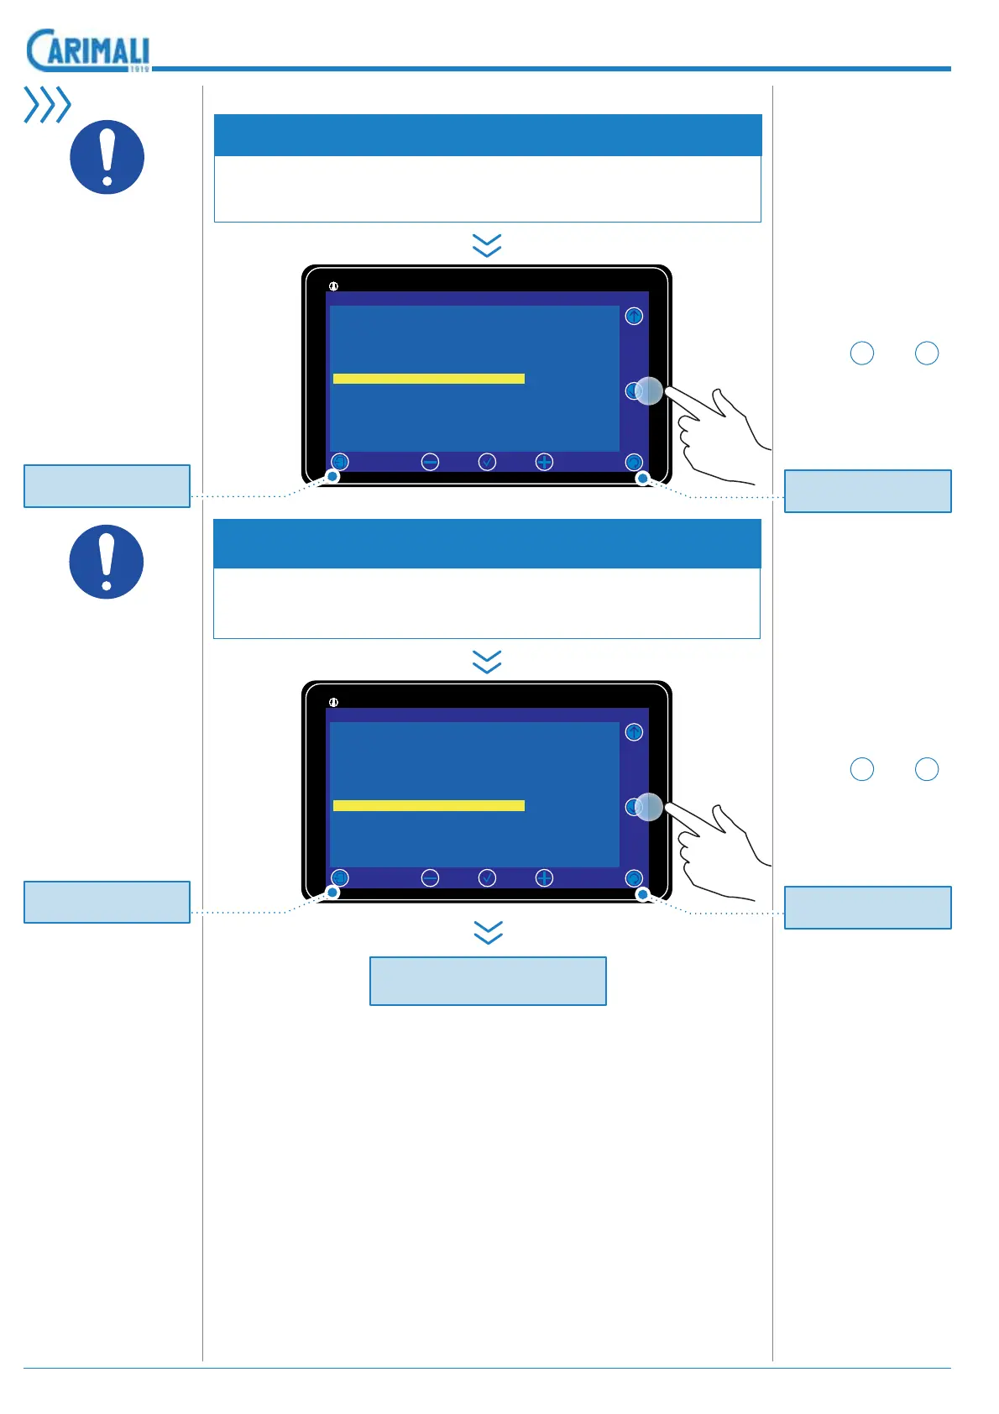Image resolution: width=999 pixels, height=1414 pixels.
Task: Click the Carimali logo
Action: tap(88, 50)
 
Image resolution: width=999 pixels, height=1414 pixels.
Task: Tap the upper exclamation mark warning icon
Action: tap(107, 157)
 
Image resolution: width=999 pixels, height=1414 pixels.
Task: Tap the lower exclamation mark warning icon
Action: tap(107, 562)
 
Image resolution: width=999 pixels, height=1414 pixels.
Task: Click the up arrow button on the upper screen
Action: tap(634, 317)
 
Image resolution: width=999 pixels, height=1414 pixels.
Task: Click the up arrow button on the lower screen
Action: tap(634, 732)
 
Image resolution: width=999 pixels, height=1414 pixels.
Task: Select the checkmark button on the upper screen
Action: tap(487, 462)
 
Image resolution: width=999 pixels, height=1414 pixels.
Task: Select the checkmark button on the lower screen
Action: tap(487, 877)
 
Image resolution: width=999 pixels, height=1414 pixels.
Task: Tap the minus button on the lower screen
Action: tap(430, 877)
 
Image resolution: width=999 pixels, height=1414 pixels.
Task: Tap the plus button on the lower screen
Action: tap(544, 877)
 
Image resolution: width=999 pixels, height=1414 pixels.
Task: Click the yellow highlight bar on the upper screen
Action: tap(428, 379)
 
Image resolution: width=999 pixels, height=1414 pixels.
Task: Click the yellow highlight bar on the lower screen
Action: tap(428, 805)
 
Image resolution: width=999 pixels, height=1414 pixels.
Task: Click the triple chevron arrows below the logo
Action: tap(47, 105)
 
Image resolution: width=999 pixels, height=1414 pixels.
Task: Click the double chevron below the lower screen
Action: tap(488, 932)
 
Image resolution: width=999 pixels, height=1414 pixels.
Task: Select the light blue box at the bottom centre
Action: tap(488, 981)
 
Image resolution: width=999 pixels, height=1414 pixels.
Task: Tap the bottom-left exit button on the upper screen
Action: tap(339, 462)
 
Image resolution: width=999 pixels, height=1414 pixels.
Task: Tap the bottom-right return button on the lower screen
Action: tap(634, 877)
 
